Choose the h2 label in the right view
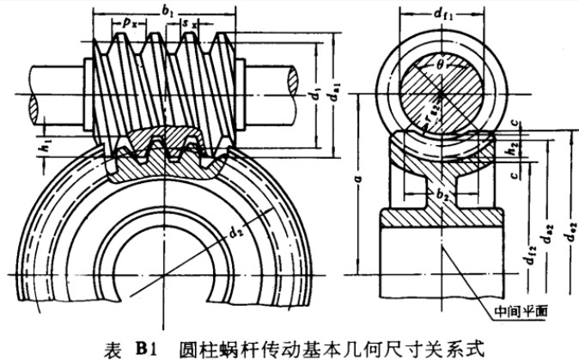[512, 148]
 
